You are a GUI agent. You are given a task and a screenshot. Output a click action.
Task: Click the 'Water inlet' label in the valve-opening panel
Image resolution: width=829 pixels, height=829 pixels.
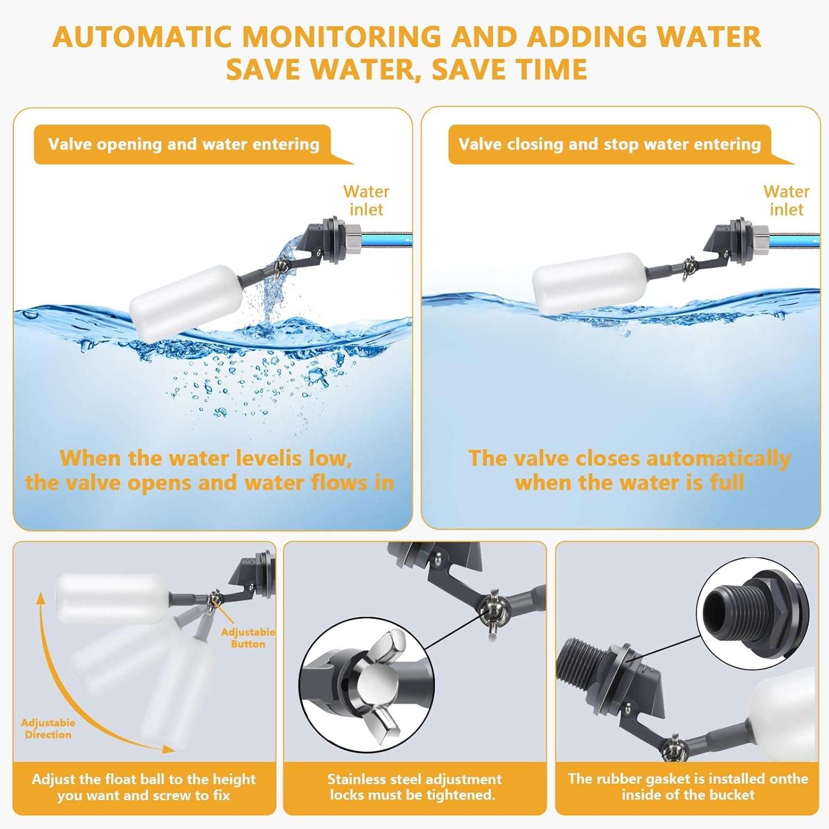pyautogui.click(x=366, y=201)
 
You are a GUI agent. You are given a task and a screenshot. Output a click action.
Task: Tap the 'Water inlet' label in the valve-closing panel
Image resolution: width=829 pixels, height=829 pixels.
pyautogui.click(x=786, y=201)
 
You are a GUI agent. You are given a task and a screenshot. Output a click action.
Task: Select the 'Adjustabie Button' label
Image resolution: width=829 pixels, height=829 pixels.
pyautogui.click(x=248, y=638)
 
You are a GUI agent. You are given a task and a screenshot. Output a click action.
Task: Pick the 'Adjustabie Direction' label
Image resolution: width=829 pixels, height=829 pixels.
pyautogui.click(x=48, y=728)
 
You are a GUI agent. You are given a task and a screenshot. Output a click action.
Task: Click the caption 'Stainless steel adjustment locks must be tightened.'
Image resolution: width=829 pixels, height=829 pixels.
pyautogui.click(x=414, y=787)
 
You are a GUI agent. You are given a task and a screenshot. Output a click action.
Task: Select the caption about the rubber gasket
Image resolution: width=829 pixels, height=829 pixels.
pyautogui.click(x=688, y=787)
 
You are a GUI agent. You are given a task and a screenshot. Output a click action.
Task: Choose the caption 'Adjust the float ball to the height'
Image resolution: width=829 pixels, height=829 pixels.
pyautogui.click(x=144, y=779)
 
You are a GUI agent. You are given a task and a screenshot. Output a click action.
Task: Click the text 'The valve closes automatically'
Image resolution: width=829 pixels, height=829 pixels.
pyautogui.click(x=629, y=459)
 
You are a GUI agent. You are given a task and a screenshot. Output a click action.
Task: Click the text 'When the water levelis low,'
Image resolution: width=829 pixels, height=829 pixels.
pyautogui.click(x=206, y=459)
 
